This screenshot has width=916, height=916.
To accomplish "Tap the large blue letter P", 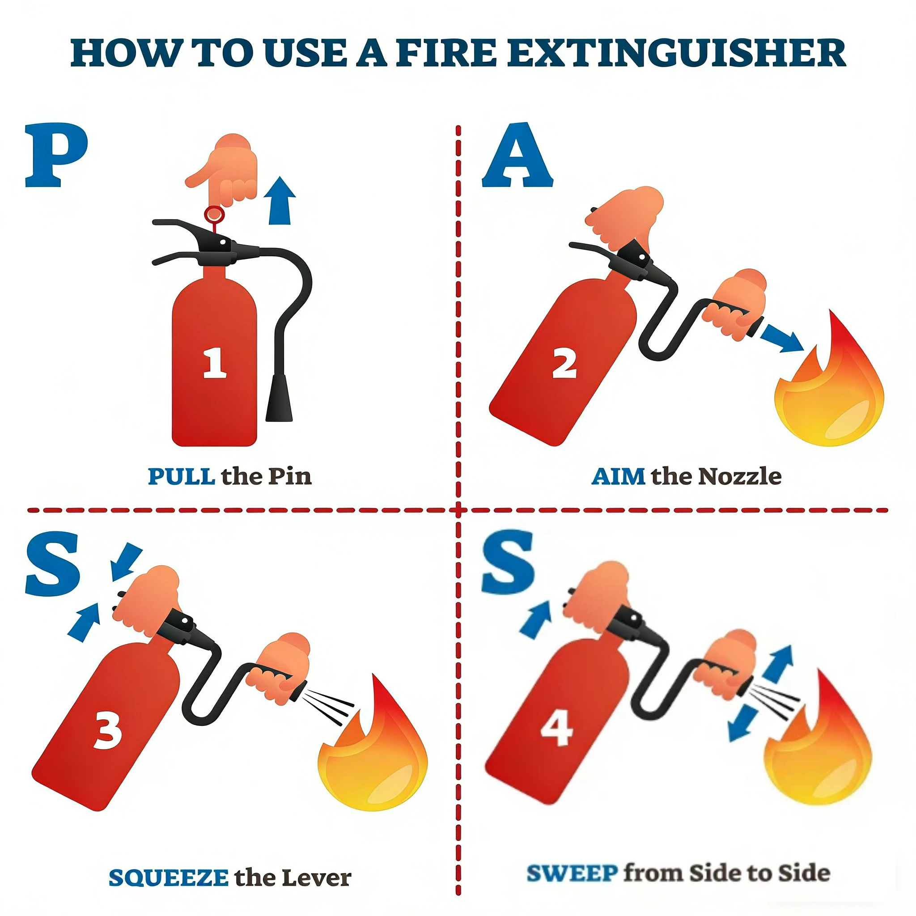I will coord(56,156).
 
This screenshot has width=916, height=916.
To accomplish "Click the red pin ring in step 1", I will coord(214,214).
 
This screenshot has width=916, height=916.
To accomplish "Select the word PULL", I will coord(182,476).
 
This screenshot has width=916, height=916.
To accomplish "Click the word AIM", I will coord(618,476).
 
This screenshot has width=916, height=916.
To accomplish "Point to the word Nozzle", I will coord(740,476).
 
